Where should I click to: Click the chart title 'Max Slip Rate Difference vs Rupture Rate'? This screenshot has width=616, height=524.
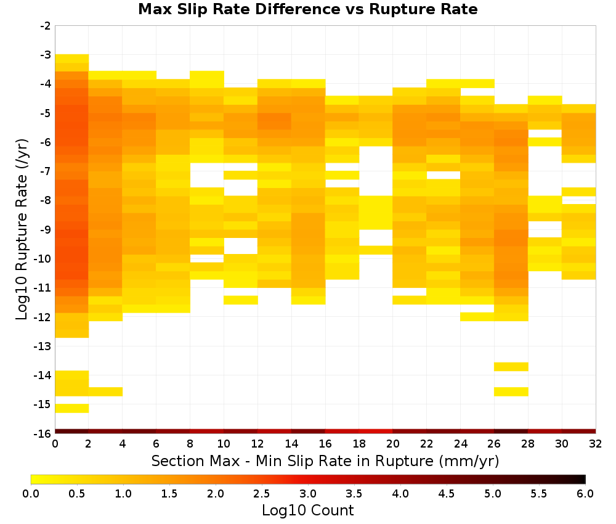307,9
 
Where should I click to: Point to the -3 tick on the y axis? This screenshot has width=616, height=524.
46,55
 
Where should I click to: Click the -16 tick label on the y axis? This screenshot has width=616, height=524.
43,433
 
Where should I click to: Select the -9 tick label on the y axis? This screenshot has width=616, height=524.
46,229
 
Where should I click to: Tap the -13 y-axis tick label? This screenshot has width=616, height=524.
43,346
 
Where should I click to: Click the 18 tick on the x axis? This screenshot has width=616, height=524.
359,444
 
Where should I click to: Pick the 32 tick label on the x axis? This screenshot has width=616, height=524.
596,444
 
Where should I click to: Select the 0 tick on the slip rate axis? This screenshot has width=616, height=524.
55,444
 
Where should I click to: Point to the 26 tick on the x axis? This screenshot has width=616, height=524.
494,444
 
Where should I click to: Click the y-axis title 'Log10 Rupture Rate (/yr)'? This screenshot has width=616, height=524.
22,229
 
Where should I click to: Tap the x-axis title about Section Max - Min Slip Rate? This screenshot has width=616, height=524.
325,461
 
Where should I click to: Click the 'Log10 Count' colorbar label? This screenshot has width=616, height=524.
307,510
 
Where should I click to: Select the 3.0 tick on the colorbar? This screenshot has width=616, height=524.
308,494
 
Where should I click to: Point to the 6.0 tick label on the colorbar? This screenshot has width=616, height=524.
585,494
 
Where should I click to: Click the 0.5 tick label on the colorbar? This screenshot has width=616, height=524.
76,494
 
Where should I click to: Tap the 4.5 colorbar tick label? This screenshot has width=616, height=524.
446,494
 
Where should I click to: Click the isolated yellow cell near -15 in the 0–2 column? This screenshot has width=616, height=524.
72,408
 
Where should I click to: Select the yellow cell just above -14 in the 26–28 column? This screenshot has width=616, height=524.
511,366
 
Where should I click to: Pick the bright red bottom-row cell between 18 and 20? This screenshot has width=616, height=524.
376,432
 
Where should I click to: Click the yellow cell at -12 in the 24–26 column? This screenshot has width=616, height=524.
477,316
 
